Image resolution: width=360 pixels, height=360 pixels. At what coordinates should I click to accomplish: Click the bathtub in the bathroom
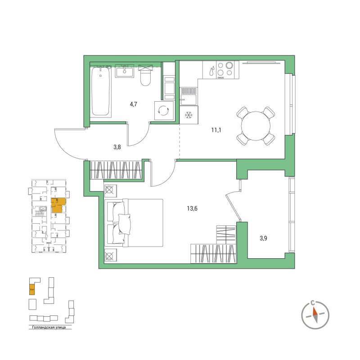click(101, 92)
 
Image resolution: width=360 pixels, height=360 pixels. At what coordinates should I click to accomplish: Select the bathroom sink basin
click(124, 71)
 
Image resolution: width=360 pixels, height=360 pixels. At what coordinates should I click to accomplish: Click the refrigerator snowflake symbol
click(189, 116)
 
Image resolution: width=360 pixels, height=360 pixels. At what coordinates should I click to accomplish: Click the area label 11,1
click(217, 130)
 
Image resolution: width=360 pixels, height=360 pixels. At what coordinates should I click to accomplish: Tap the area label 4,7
click(133, 104)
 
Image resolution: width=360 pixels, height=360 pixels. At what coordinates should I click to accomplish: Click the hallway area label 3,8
click(117, 146)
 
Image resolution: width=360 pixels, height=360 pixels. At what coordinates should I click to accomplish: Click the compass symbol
click(315, 312)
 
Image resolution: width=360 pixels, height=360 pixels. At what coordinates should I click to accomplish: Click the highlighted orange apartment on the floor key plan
click(58, 205)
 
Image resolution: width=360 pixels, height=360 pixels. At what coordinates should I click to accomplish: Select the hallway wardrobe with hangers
click(116, 170)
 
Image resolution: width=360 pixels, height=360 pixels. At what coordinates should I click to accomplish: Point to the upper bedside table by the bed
click(110, 190)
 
